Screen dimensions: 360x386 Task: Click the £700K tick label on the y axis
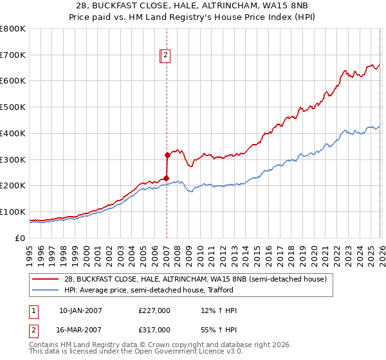(x=13, y=55)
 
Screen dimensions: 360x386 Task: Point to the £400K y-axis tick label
(x=13, y=133)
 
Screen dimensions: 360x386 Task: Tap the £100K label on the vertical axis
(x=13, y=212)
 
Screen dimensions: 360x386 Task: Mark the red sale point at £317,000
(x=167, y=155)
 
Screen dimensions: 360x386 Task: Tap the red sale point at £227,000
(x=166, y=178)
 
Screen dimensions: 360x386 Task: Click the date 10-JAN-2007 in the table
(x=80, y=310)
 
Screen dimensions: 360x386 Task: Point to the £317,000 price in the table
(x=154, y=329)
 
